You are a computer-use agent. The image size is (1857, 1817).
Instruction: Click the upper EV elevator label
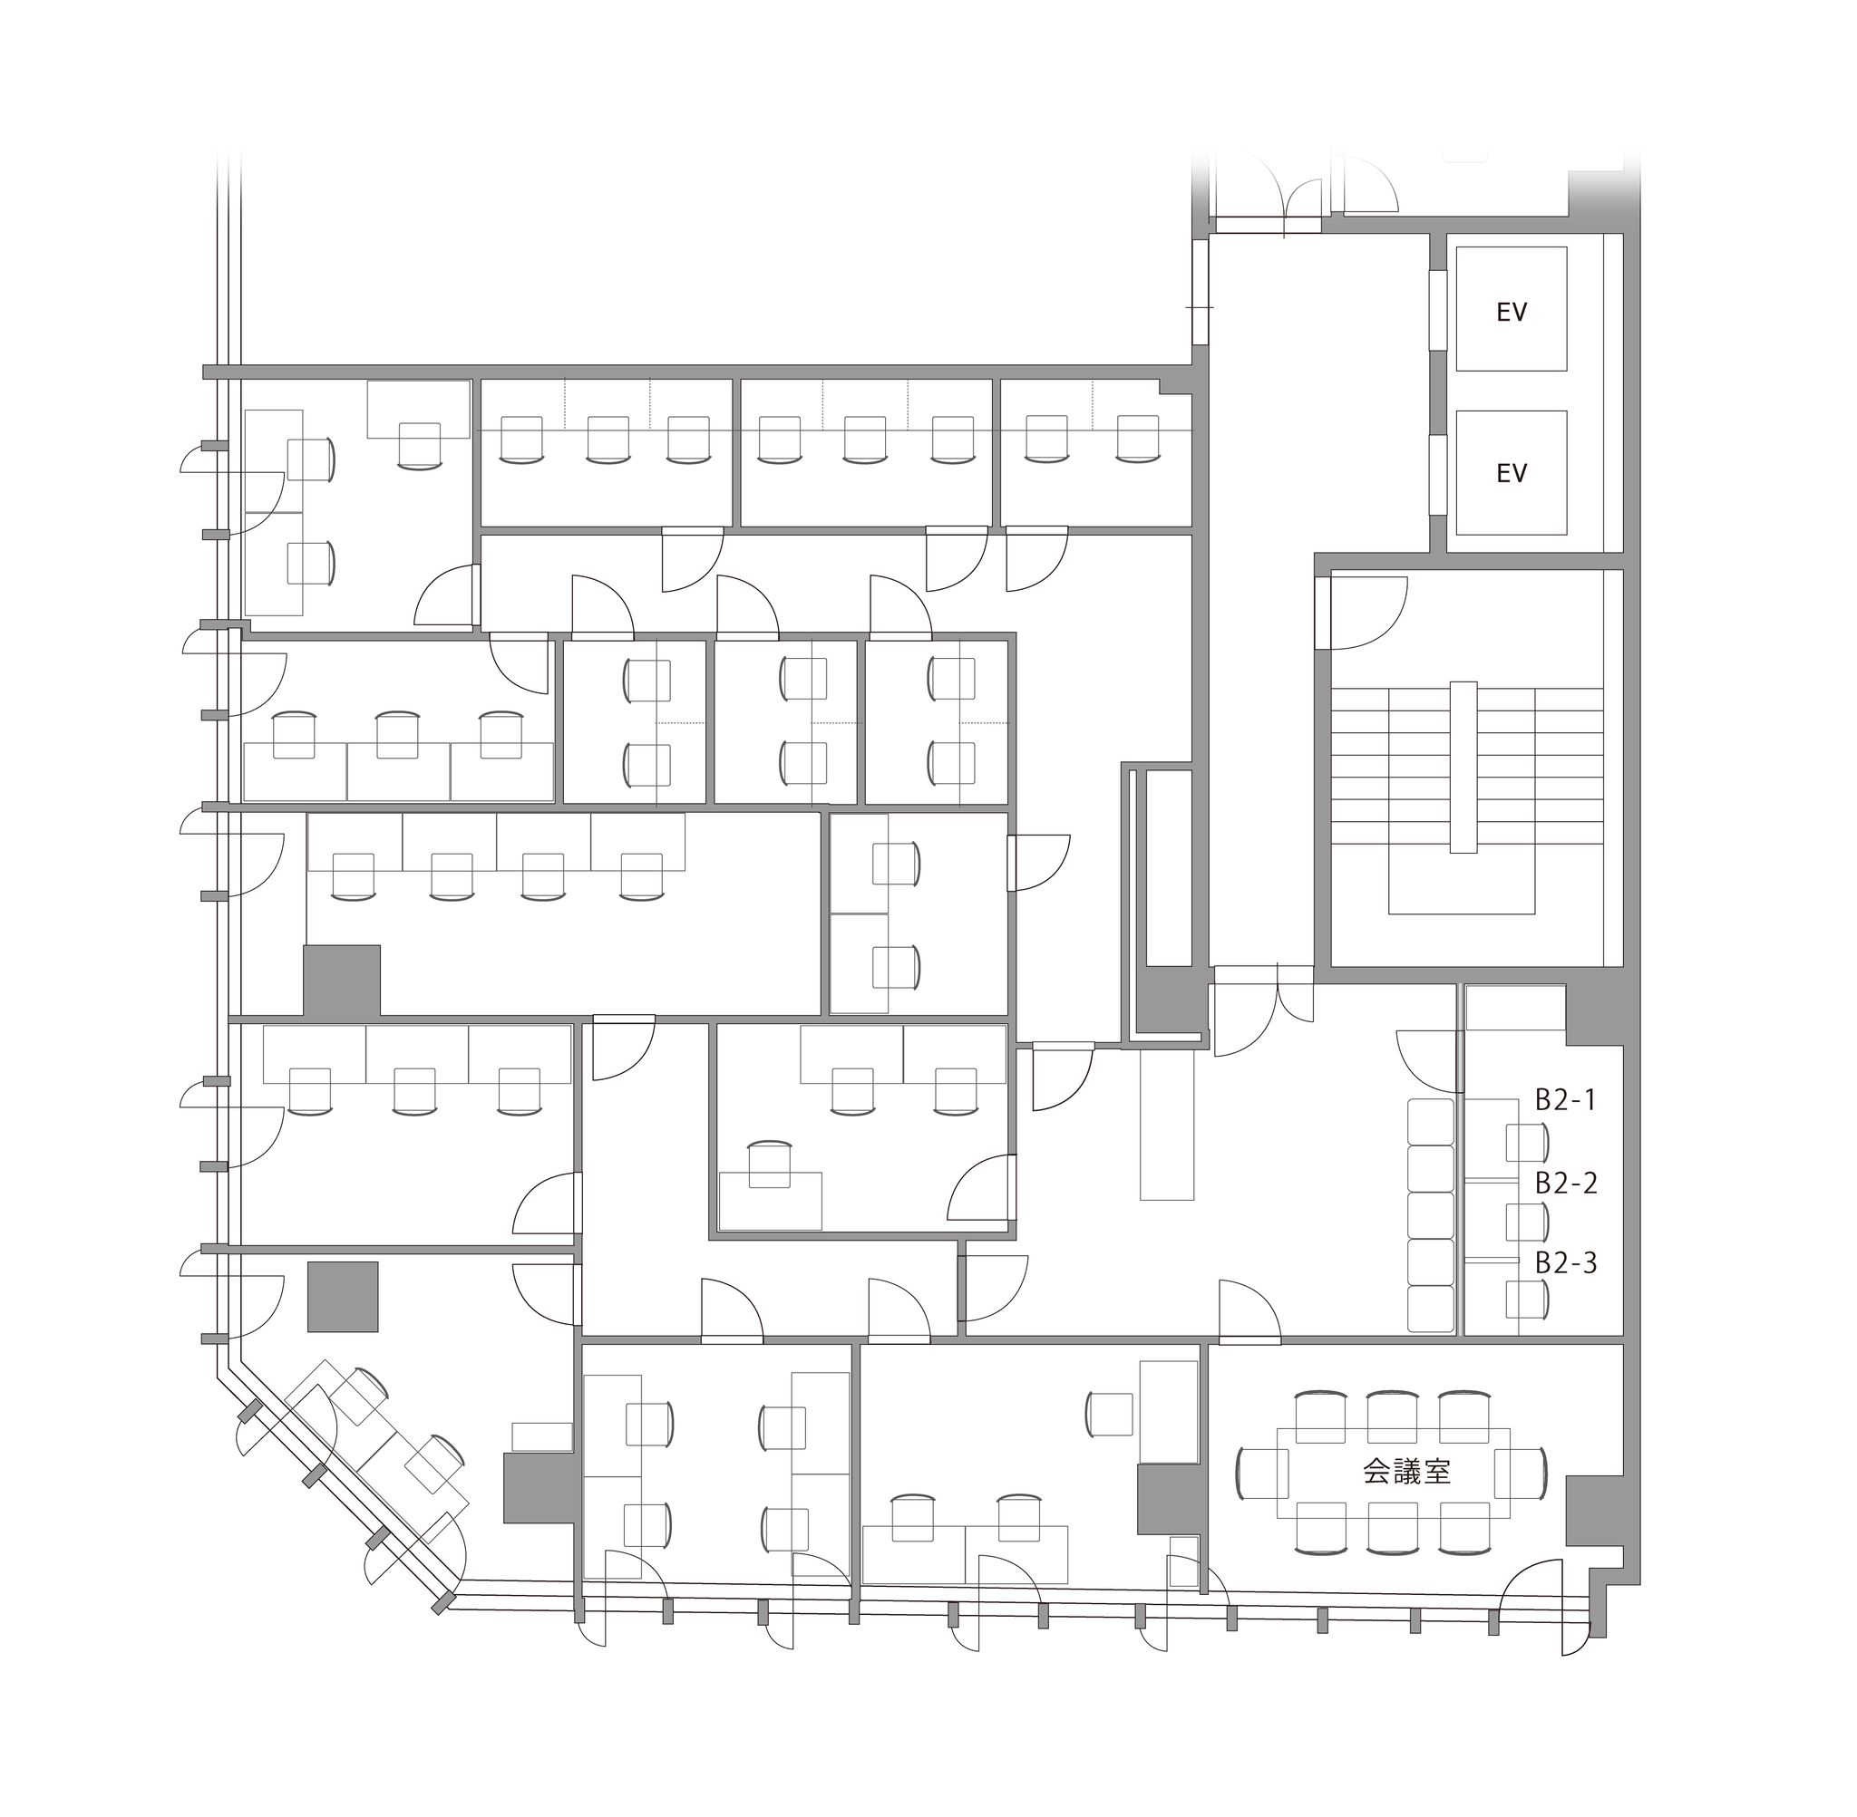point(1511,312)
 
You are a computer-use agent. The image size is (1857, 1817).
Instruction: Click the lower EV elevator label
point(1511,473)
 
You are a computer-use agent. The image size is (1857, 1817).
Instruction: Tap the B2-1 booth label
point(1565,1100)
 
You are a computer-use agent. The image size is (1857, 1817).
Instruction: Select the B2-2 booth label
point(1565,1184)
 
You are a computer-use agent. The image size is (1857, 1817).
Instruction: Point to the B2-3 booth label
point(1565,1263)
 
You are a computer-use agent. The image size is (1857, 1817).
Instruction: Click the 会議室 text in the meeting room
point(1406,1472)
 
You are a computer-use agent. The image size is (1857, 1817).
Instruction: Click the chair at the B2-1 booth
point(1527,1142)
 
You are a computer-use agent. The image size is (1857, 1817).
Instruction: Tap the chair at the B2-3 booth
point(1527,1300)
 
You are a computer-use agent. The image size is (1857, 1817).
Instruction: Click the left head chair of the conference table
point(1262,1473)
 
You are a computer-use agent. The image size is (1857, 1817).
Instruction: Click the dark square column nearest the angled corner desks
point(343,1296)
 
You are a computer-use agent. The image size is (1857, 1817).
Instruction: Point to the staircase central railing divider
point(1463,767)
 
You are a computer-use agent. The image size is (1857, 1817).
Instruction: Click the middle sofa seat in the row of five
point(1430,1215)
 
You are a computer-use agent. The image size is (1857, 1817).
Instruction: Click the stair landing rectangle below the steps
point(1461,883)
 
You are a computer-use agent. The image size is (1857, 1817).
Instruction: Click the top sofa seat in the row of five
point(1430,1121)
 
